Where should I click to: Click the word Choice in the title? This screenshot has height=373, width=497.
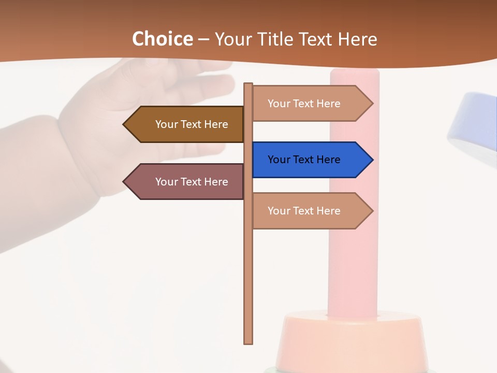pos(162,39)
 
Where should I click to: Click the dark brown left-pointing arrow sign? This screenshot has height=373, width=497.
pos(184,124)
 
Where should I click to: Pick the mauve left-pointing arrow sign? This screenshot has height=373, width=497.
pos(184,182)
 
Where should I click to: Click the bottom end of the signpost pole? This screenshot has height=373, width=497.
pos(248,342)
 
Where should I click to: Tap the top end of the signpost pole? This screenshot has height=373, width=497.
pos(248,85)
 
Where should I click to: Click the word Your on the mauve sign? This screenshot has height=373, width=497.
pos(166,182)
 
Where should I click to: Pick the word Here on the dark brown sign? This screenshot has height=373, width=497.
pos(216,124)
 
